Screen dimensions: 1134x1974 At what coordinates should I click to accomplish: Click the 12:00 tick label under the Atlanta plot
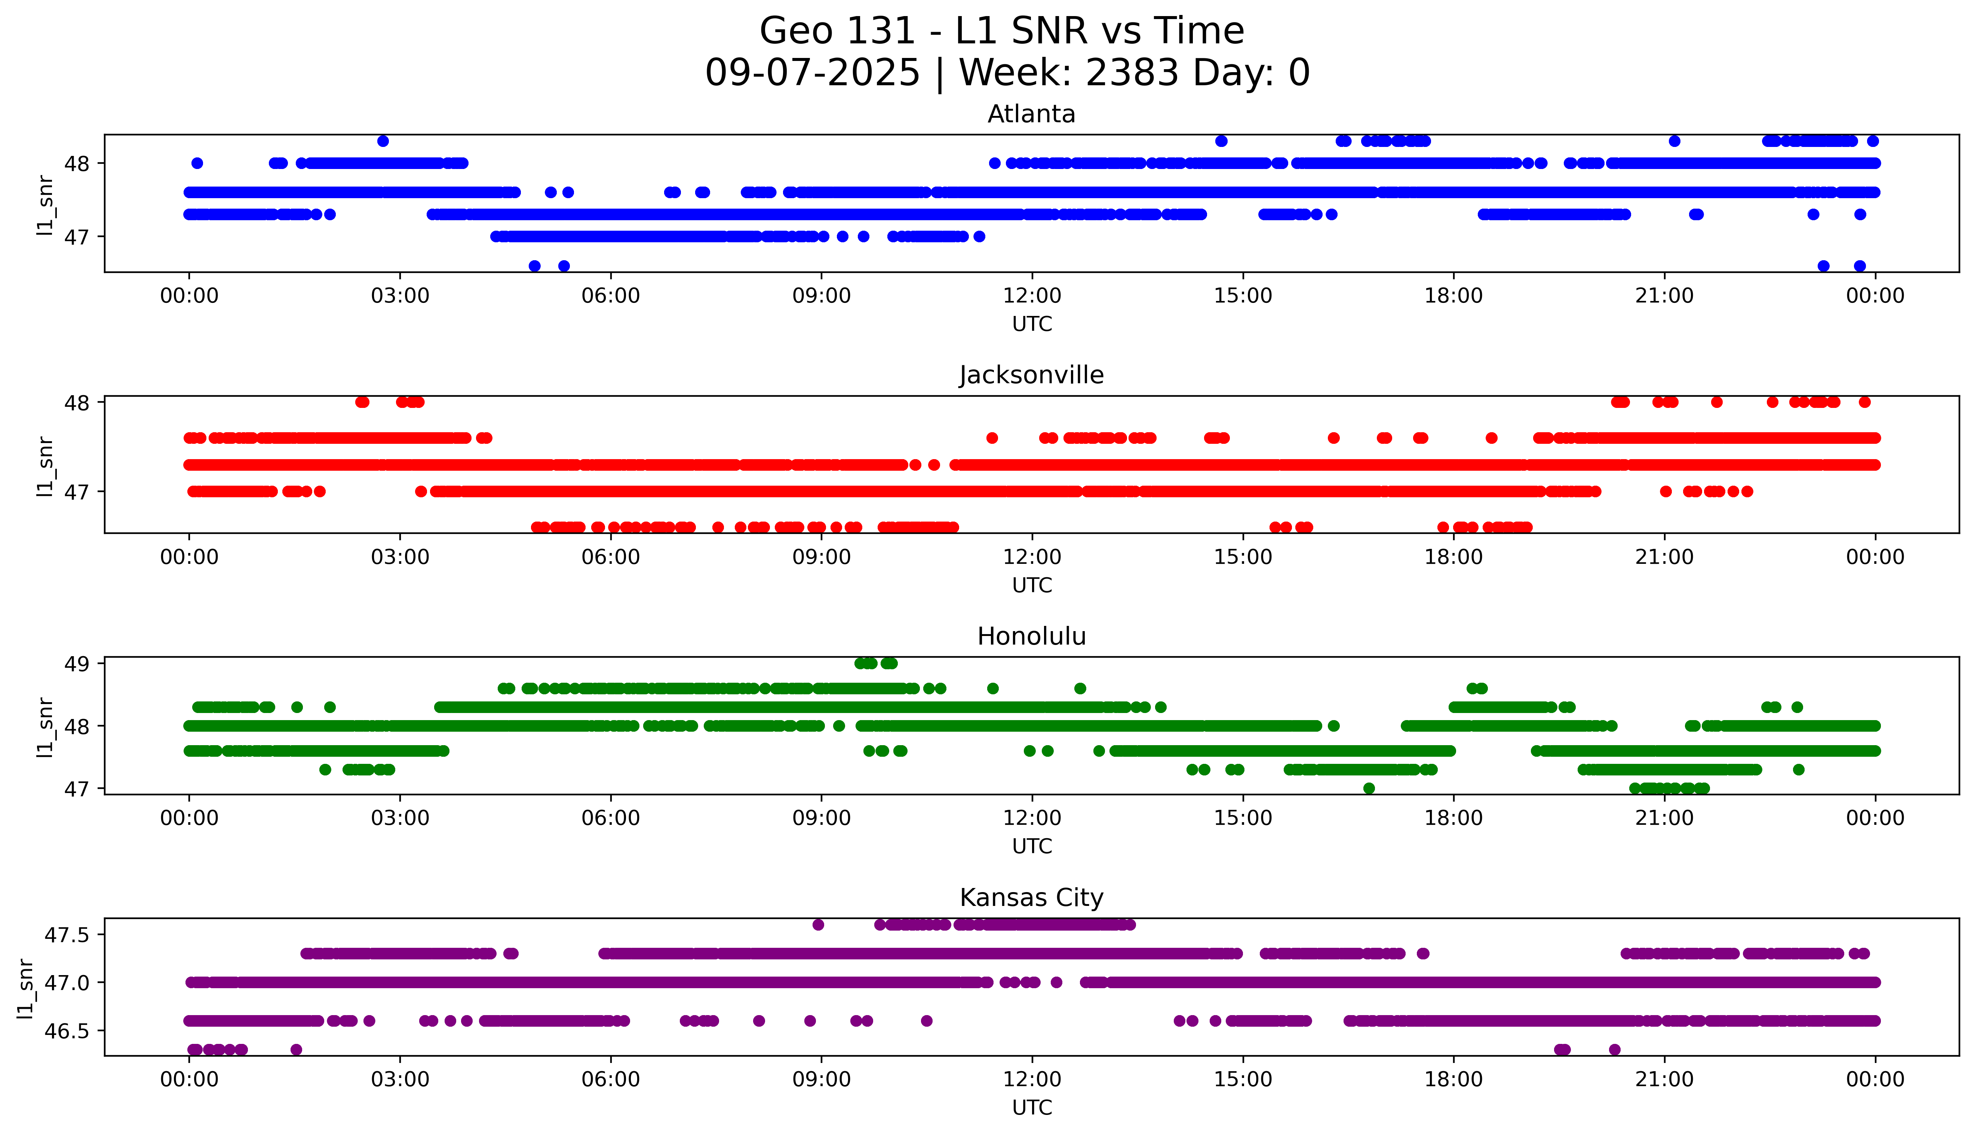1032,296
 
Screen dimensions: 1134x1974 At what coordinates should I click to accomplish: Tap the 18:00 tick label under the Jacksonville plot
1453,557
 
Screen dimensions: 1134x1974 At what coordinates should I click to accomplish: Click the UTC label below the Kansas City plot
1032,1107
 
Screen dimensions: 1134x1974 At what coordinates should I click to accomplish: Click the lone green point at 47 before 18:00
1369,788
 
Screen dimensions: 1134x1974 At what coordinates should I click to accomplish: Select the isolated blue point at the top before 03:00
382,141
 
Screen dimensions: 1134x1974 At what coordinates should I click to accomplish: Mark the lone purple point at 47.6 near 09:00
818,925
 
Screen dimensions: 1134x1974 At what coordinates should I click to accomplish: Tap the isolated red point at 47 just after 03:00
421,491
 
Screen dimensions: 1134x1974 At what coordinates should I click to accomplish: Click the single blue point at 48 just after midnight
197,163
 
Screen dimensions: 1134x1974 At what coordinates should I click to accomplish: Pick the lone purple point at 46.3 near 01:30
296,1049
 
